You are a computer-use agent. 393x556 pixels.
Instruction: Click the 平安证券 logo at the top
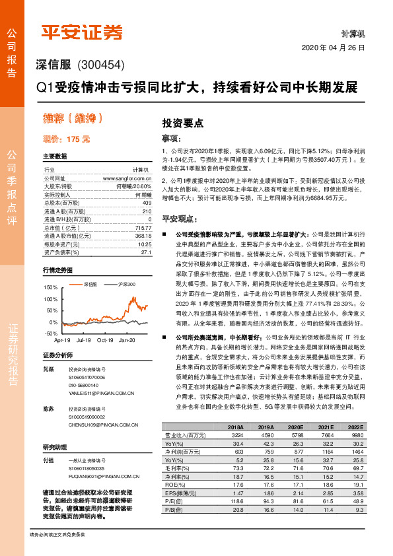82,31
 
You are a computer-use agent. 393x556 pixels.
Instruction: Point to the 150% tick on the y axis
50,288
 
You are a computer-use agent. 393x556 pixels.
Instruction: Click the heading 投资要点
183,123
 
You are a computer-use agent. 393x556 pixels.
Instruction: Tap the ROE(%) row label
174,485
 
